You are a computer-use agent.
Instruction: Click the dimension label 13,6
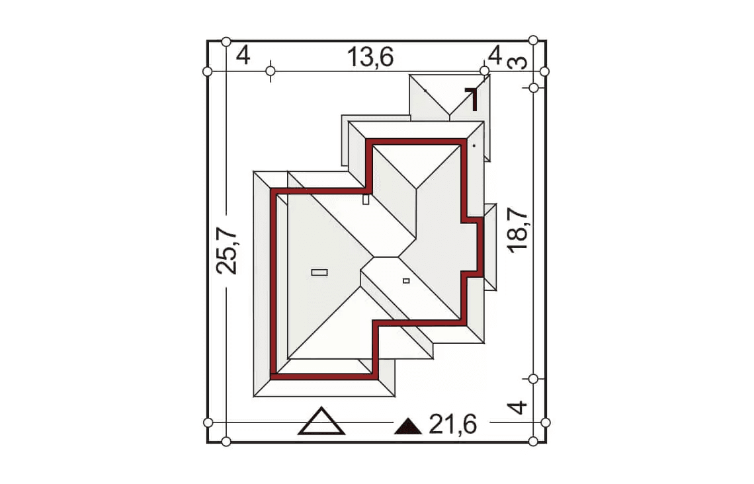click(370, 58)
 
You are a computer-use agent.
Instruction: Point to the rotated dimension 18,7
click(518, 231)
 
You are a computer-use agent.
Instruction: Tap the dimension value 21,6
click(453, 424)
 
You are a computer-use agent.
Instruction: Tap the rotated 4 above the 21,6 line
click(517, 407)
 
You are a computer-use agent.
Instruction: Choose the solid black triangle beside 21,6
click(408, 426)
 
